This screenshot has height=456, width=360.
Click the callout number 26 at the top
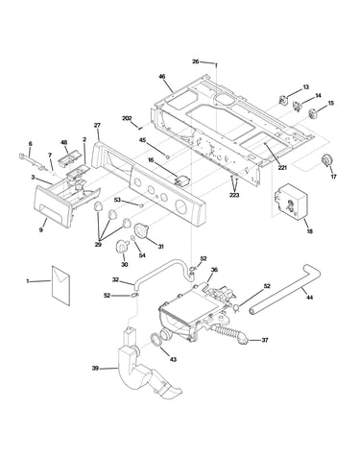(195, 61)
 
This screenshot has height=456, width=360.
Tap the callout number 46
(162, 77)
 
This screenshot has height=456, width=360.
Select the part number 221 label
(282, 167)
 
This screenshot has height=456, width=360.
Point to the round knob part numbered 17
(327, 160)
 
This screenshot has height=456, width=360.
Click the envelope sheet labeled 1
(60, 285)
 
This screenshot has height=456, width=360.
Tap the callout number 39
(95, 369)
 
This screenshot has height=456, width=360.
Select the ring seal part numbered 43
(156, 340)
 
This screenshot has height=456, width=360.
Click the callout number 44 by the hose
(309, 298)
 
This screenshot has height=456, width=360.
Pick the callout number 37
(265, 340)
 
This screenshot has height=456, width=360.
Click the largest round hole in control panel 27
(182, 205)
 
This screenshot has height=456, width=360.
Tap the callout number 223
(234, 195)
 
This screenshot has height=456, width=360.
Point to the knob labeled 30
(121, 246)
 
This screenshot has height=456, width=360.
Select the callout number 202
(127, 118)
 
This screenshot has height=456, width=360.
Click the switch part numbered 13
(282, 100)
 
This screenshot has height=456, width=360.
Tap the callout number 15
(331, 103)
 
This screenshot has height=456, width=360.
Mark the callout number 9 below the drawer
(41, 229)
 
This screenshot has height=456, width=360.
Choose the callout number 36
(214, 270)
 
